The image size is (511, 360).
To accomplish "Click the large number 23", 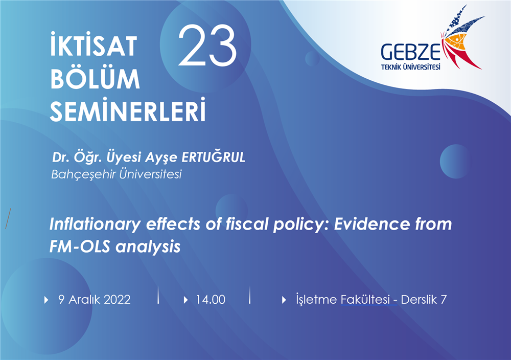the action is tap(207, 46).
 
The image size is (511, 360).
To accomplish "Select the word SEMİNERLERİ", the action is tap(128, 109).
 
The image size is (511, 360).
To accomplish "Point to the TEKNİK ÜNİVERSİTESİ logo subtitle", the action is tap(411, 67).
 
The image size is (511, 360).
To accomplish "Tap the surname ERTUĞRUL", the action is tap(213, 157).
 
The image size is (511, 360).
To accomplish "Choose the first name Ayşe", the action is tap(161, 158).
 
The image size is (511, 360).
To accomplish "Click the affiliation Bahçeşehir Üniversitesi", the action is tap(117, 174).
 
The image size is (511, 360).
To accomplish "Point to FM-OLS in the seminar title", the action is tap(80, 246).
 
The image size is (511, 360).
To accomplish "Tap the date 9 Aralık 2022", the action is tap(95, 299).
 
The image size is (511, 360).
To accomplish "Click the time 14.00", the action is tap(211, 300).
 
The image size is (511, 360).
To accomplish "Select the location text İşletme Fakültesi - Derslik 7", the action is tap(371, 299).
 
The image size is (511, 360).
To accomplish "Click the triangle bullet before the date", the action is tap(47, 300).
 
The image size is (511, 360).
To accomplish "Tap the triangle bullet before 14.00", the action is tap(186, 300).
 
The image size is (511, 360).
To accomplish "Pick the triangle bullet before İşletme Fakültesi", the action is tap(284, 300).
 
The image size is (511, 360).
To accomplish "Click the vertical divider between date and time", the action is tap(158, 296).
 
